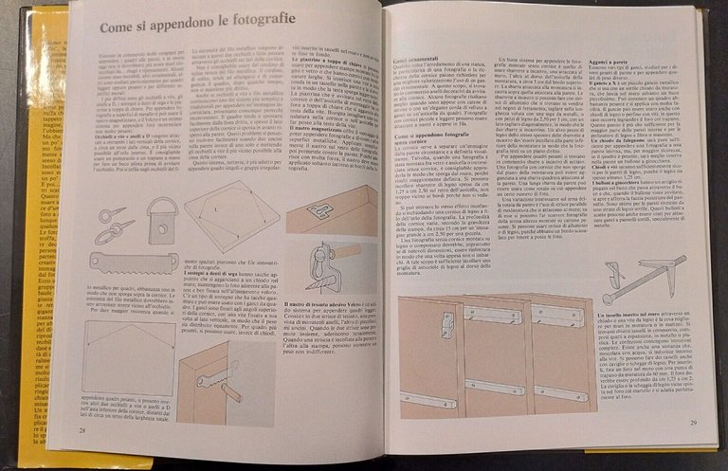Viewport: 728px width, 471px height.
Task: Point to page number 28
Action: click(x=83, y=431)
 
